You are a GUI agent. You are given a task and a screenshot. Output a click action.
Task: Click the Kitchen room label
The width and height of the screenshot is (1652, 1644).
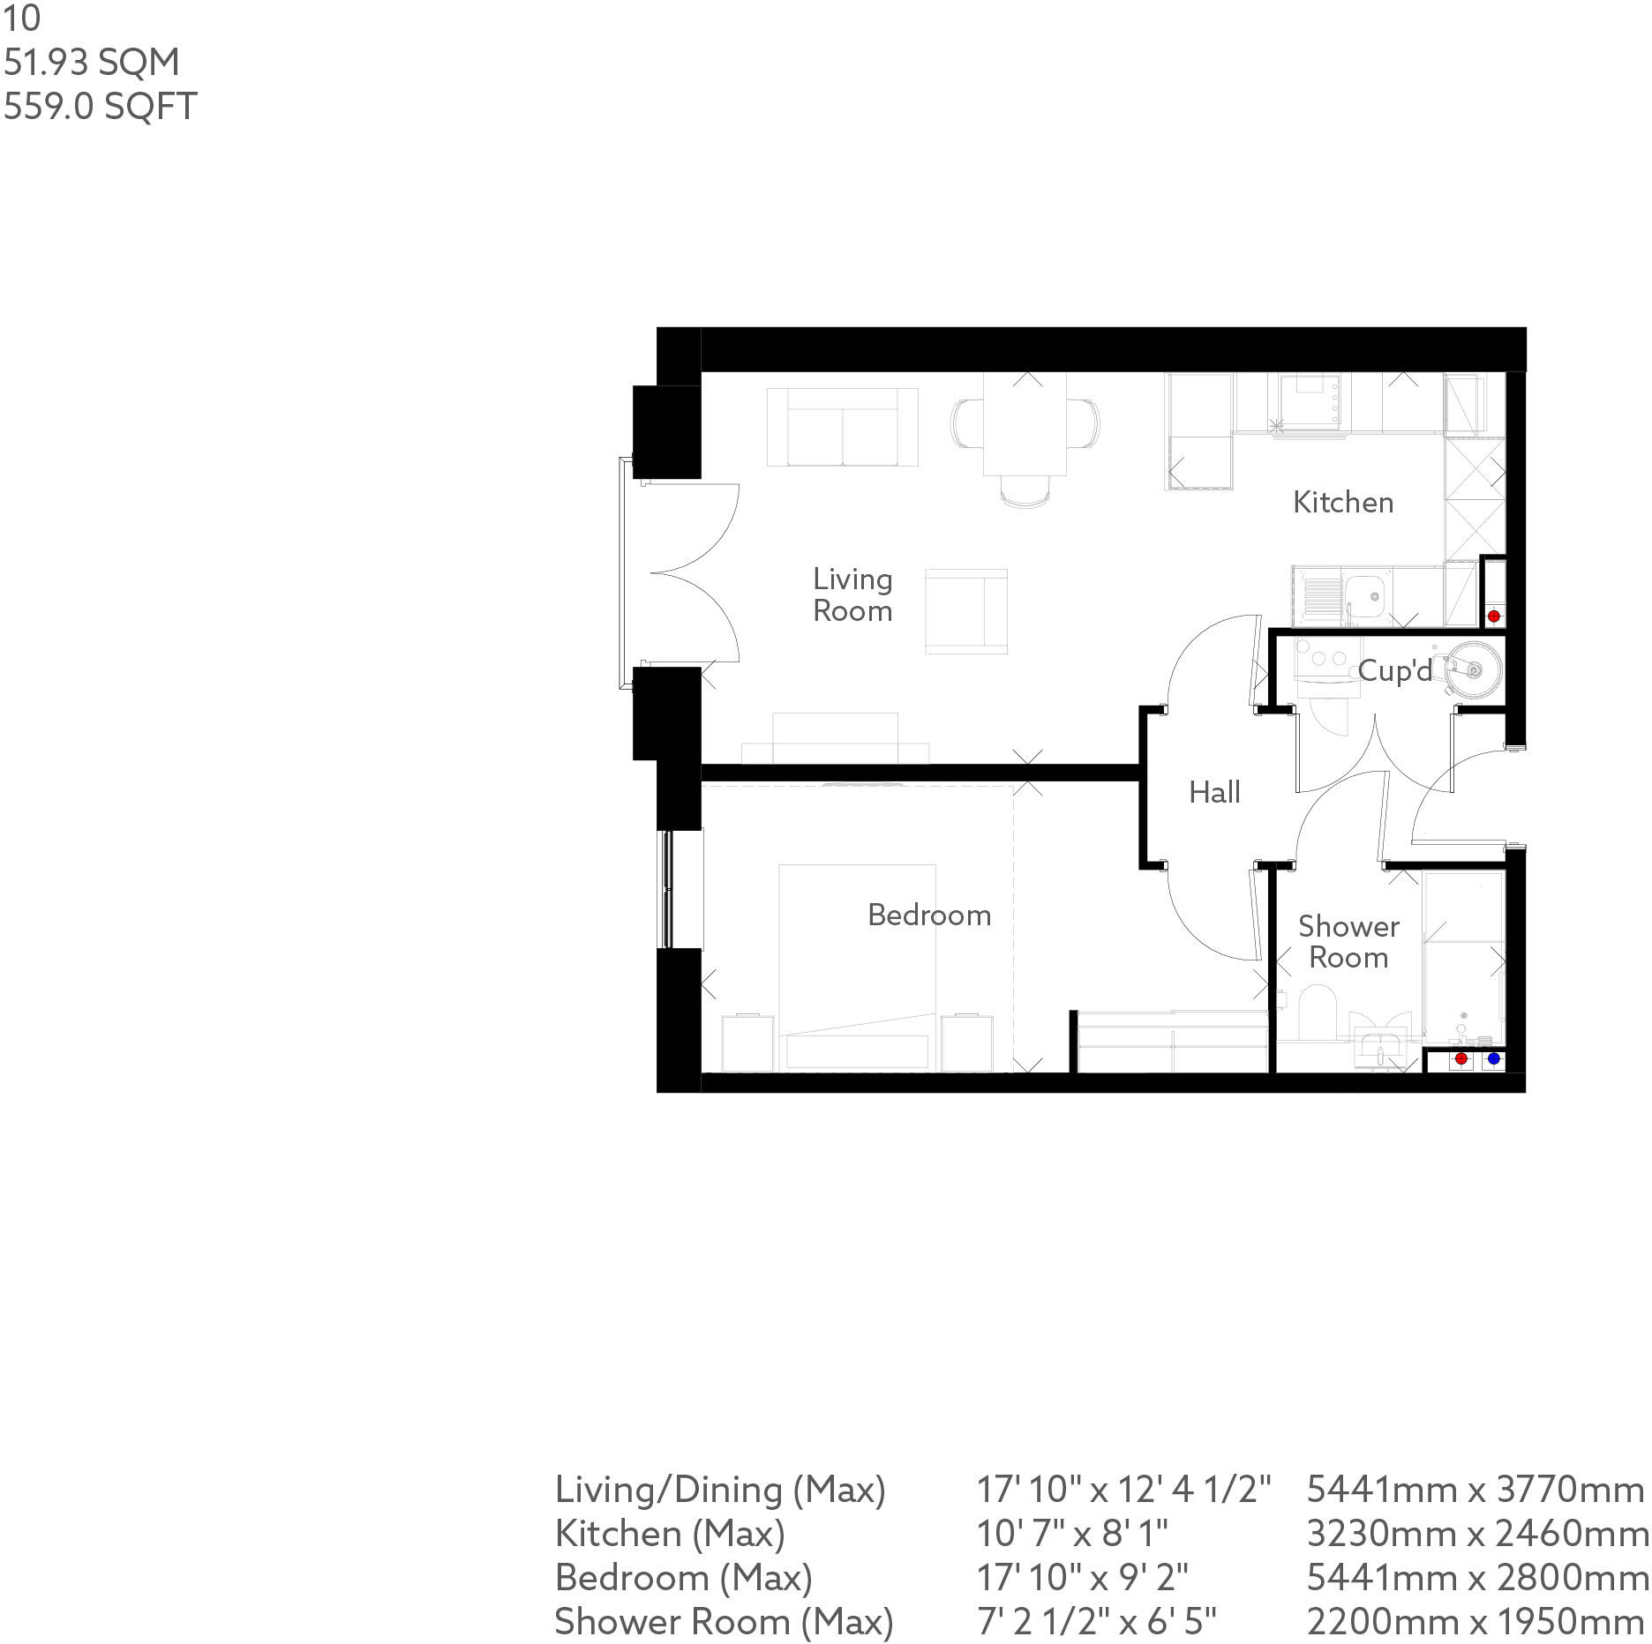pyautogui.click(x=1343, y=503)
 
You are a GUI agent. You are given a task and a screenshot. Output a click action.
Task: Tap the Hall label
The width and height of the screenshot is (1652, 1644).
pyautogui.click(x=1214, y=792)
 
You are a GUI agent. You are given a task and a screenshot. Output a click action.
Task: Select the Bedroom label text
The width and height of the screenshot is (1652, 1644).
pyautogui.click(x=929, y=915)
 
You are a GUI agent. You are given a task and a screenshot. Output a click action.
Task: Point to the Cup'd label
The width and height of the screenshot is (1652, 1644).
pyautogui.click(x=1394, y=671)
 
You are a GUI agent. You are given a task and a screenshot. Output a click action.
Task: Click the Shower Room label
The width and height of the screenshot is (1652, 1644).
pyautogui.click(x=1348, y=942)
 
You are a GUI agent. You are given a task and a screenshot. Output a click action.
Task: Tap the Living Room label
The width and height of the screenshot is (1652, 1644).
pyautogui.click(x=852, y=594)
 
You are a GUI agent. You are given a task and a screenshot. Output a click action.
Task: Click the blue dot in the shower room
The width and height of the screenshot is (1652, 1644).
pyautogui.click(x=1493, y=1058)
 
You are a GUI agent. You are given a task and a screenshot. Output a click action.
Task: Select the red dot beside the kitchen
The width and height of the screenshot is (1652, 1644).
pyautogui.click(x=1493, y=616)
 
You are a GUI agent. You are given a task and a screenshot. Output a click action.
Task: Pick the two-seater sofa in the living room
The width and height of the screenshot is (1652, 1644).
pyautogui.click(x=842, y=428)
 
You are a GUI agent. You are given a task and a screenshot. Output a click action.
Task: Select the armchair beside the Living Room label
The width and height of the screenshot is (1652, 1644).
pyautogui.click(x=966, y=610)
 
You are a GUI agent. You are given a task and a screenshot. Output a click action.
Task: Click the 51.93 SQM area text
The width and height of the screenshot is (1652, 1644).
pyautogui.click(x=92, y=63)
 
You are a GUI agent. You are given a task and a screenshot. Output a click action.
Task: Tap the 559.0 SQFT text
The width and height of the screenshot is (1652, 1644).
pyautogui.click(x=100, y=107)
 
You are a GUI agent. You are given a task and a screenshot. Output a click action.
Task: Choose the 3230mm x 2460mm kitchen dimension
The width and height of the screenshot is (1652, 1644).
pyautogui.click(x=1476, y=1534)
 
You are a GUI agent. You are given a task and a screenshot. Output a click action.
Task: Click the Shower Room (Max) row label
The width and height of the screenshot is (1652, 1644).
pyautogui.click(x=724, y=1622)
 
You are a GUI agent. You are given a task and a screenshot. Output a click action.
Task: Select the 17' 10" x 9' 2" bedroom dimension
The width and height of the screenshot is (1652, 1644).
pyautogui.click(x=1083, y=1578)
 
